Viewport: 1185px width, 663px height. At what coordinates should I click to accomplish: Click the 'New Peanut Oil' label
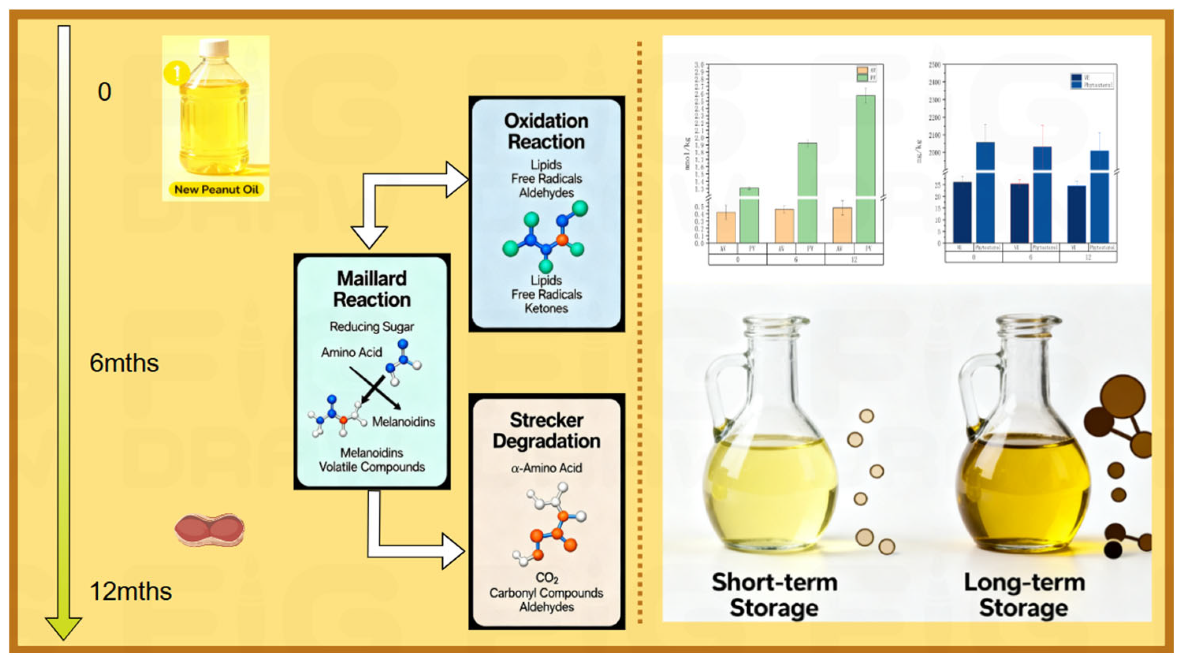click(216, 189)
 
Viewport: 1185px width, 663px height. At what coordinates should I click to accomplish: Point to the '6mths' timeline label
click(124, 363)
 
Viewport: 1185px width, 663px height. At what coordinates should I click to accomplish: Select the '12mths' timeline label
click(131, 591)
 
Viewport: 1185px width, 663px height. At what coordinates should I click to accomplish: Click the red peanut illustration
click(210, 530)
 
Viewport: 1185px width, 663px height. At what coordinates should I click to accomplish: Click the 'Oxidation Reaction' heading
click(546, 131)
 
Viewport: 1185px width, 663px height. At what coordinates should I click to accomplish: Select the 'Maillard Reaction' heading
click(372, 289)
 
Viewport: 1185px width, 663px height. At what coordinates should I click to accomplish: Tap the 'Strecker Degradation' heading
click(546, 430)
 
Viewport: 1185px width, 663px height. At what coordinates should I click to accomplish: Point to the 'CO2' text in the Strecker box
click(546, 578)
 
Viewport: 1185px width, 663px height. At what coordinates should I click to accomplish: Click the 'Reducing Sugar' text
click(372, 326)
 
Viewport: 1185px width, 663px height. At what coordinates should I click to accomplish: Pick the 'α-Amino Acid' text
click(546, 468)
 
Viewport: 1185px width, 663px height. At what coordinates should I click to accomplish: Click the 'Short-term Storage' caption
click(775, 595)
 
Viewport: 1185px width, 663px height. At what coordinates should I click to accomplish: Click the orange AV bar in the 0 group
click(726, 227)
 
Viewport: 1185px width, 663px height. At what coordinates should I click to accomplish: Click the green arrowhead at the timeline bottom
click(63, 627)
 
